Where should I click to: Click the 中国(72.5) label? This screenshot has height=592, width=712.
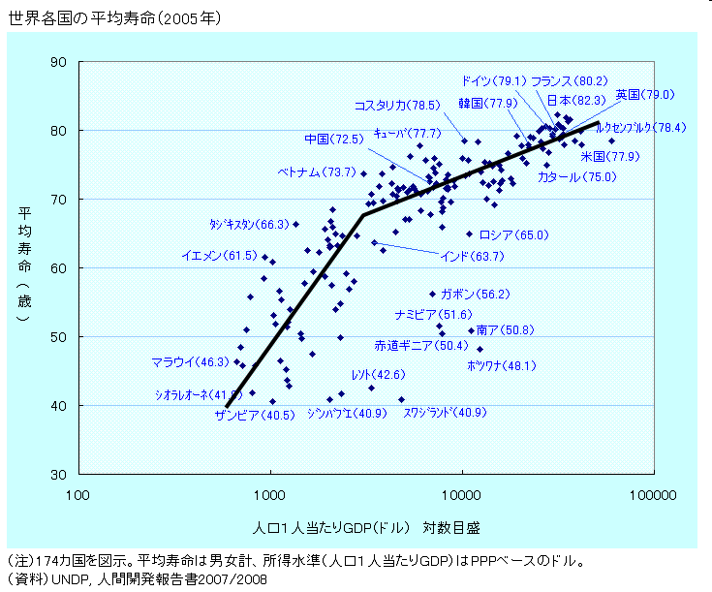coord(333,140)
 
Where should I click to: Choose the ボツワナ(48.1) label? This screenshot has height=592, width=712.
coord(501,365)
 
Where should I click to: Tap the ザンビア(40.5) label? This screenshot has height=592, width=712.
coord(254,415)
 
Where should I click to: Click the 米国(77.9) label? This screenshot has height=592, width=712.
coord(609,156)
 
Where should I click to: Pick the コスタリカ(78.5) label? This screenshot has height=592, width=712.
coord(396,105)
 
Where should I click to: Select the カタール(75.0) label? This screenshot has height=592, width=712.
coord(575,177)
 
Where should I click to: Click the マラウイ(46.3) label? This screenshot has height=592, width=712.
coord(190,362)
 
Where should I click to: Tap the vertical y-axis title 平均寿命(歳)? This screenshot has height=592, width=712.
coord(23,262)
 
